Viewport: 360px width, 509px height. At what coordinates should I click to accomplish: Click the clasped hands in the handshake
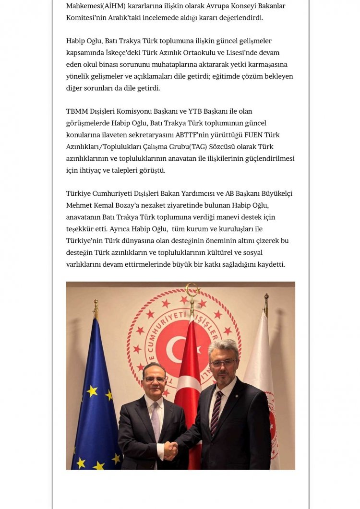click(x=171, y=449)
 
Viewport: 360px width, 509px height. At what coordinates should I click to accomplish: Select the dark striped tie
click(x=216, y=412)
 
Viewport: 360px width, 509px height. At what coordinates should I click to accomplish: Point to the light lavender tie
click(x=155, y=415)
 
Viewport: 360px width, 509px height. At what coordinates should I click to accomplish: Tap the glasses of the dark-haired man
click(x=155, y=379)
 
